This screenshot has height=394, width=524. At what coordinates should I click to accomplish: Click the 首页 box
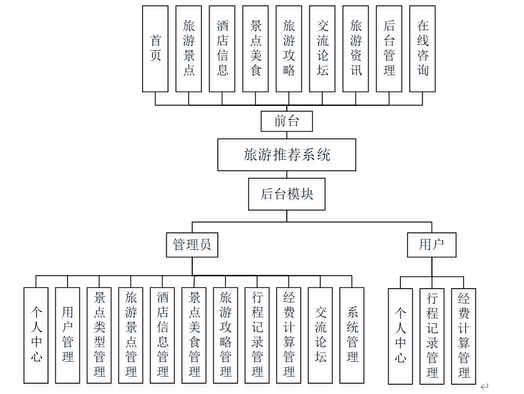tap(155, 49)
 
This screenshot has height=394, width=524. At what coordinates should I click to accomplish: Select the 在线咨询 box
tap(422, 49)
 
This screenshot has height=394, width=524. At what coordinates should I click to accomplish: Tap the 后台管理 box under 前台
tap(389, 49)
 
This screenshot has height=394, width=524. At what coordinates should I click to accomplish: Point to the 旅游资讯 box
tap(356, 49)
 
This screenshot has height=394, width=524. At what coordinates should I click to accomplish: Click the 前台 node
tap(286, 121)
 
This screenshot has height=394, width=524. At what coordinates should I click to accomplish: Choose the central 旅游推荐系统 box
tap(286, 155)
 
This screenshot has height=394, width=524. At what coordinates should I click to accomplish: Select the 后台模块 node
tap(287, 194)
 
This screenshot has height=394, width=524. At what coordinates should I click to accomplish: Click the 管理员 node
tap(192, 245)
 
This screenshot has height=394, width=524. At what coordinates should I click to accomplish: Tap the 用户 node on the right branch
tap(431, 245)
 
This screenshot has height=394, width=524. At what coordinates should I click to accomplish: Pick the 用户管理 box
tap(67, 335)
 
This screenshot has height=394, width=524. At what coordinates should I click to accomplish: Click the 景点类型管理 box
tap(99, 335)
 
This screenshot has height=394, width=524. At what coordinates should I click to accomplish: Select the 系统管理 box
tap(352, 335)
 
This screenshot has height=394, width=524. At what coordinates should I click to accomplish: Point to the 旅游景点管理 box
tap(131, 335)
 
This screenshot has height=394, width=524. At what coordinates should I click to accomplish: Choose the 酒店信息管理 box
tap(163, 335)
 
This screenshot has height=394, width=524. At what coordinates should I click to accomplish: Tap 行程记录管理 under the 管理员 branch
tap(257, 335)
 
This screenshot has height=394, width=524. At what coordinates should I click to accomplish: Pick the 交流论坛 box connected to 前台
tap(323, 49)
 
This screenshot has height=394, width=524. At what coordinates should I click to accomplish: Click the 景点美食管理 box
tap(194, 335)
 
